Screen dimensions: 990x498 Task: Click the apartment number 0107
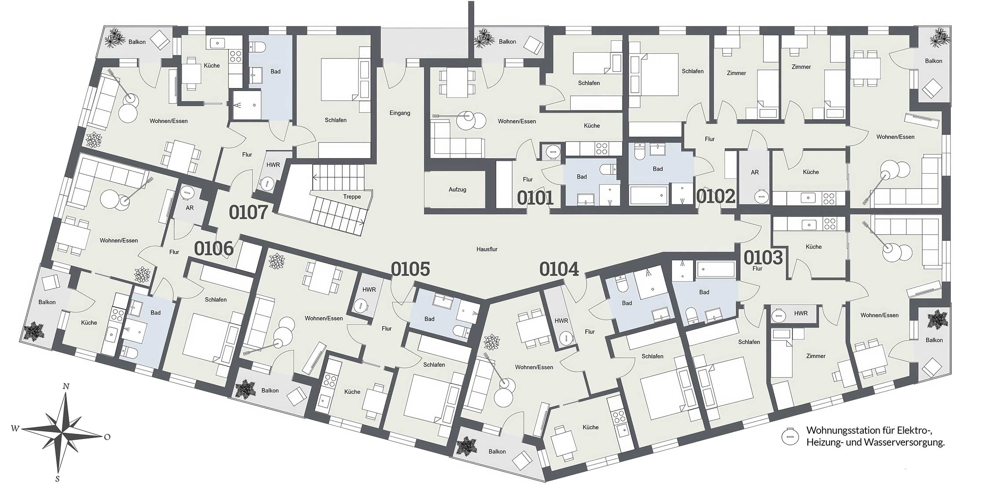coord(248,212)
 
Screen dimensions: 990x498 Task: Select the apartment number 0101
coord(535,198)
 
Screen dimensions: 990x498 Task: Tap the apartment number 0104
coord(559,269)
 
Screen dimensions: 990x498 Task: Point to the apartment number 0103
coord(763,258)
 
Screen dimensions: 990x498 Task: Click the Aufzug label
coord(457,189)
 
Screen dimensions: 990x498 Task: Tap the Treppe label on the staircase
coord(352,196)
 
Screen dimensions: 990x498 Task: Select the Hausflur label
coord(487,249)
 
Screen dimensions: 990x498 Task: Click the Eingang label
coord(400,113)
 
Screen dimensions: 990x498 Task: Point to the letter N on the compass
coord(66,386)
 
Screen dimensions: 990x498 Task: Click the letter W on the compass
coord(15,428)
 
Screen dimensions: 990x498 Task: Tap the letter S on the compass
coord(58,479)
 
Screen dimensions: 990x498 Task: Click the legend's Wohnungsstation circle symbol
coord(790,436)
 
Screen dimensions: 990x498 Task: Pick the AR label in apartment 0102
coord(755,172)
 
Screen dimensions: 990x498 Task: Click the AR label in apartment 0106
coord(190,208)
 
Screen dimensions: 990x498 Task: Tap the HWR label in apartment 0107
coord(273,165)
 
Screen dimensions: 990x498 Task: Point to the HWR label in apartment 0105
coord(369,290)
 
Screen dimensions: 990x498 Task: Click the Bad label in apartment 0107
coord(275,71)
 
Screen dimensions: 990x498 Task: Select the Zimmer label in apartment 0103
coord(816,356)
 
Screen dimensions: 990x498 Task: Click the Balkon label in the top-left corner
coord(137,42)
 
